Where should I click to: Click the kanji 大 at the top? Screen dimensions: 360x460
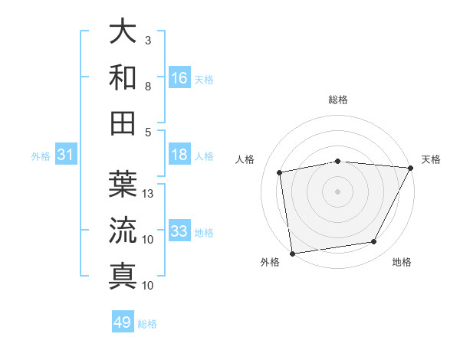pyautogui.click(x=123, y=32)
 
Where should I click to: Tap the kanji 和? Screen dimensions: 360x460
pyautogui.click(x=123, y=77)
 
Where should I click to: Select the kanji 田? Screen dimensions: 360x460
pyautogui.click(x=123, y=123)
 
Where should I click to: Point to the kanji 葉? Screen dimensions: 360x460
pyautogui.click(x=123, y=184)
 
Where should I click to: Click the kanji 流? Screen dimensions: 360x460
pyautogui.click(x=123, y=230)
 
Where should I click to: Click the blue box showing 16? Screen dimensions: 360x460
pyautogui.click(x=179, y=77)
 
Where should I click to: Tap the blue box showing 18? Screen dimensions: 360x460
pyautogui.click(x=179, y=155)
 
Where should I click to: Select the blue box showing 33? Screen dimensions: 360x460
pyautogui.click(x=179, y=231)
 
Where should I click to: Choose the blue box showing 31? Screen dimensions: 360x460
pyautogui.click(x=65, y=155)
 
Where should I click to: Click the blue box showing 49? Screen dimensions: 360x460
pyautogui.click(x=123, y=322)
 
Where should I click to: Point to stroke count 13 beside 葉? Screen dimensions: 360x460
pyautogui.click(x=149, y=194)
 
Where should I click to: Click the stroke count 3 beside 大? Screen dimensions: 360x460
pyautogui.click(x=148, y=40)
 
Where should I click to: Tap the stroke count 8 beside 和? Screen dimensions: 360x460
pyautogui.click(x=148, y=87)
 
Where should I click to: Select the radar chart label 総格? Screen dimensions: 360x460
pyautogui.click(x=338, y=100)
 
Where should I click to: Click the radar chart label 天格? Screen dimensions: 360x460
pyautogui.click(x=432, y=159)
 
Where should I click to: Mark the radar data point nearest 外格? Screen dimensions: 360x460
pyautogui.click(x=292, y=253)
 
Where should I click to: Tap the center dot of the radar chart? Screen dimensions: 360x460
pyautogui.click(x=338, y=191)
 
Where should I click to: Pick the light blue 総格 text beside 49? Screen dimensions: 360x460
pyautogui.click(x=147, y=324)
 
